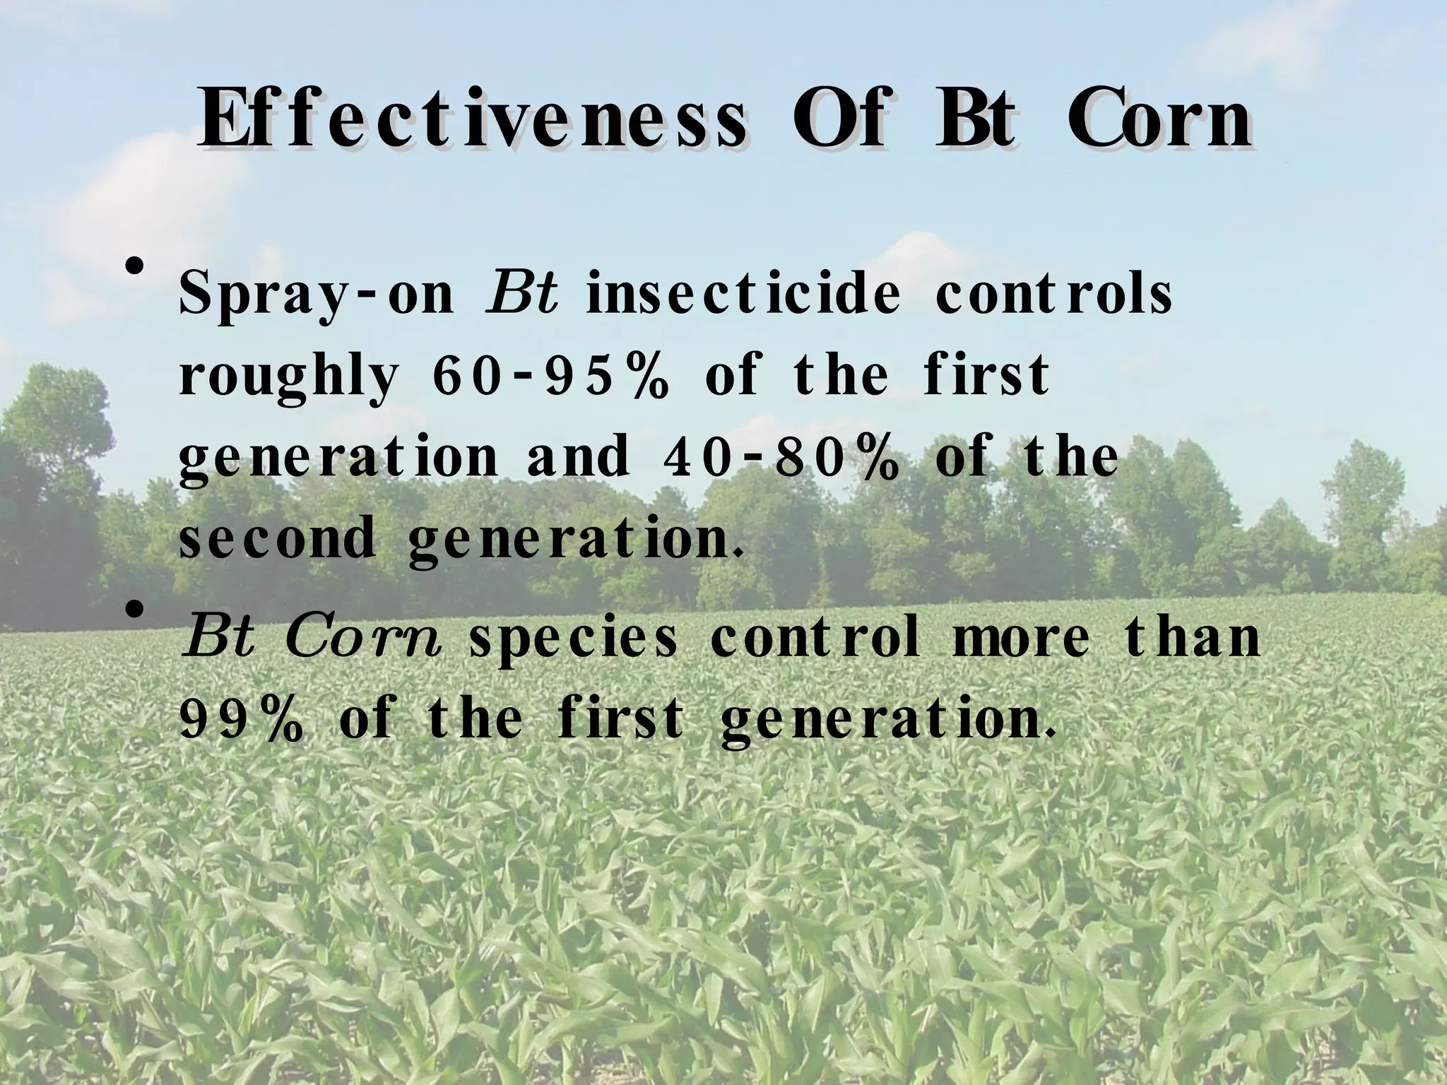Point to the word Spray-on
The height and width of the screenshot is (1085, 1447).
(316, 295)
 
